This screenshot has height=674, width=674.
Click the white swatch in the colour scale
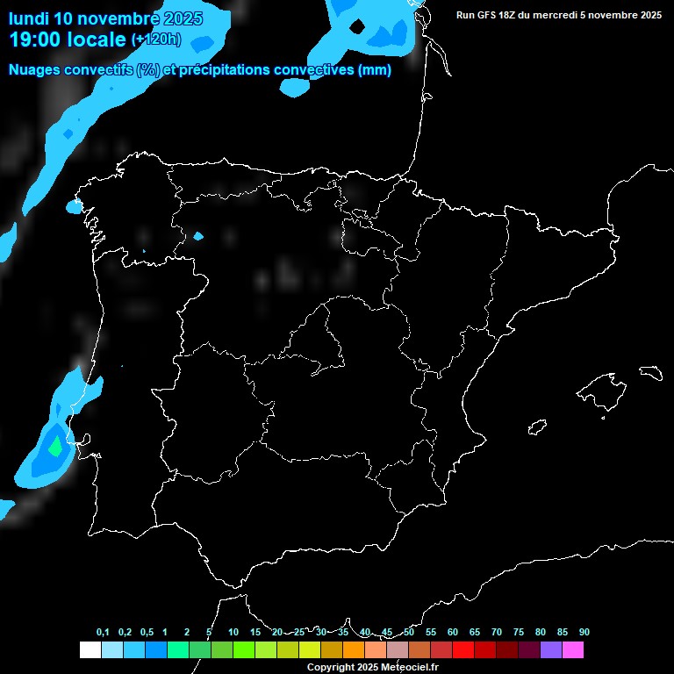[90, 649]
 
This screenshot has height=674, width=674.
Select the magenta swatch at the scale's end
[573, 649]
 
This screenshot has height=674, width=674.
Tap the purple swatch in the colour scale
[551, 649]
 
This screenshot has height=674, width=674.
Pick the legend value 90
[584, 632]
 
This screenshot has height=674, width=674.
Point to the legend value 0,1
[103, 632]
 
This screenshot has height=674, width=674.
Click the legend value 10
[233, 632]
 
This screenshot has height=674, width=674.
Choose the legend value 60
[453, 632]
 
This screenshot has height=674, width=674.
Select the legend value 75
[519, 632]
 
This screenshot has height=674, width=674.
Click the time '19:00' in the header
[35, 39]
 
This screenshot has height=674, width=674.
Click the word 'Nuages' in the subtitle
[36, 70]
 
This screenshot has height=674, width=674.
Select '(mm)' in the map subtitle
[375, 70]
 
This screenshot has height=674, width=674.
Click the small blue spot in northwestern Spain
[198, 236]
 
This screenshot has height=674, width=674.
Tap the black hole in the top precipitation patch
[357, 25]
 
